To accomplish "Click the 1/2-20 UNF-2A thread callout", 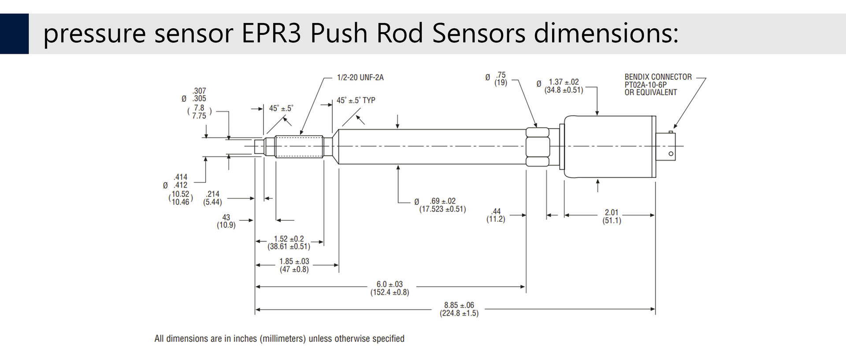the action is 360,78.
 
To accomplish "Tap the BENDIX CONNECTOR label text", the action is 658,77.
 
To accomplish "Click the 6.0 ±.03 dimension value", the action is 390,284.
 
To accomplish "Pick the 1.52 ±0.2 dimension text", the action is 289,239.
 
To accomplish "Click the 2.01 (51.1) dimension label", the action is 612,216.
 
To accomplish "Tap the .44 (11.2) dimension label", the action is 496,215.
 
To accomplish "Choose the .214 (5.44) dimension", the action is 212,198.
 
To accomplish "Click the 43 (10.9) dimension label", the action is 226,221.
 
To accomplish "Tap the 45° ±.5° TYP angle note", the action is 356,100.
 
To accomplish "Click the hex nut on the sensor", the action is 538,147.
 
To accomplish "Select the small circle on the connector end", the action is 671,154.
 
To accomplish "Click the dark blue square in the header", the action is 14,33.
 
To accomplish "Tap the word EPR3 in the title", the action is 271,33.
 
